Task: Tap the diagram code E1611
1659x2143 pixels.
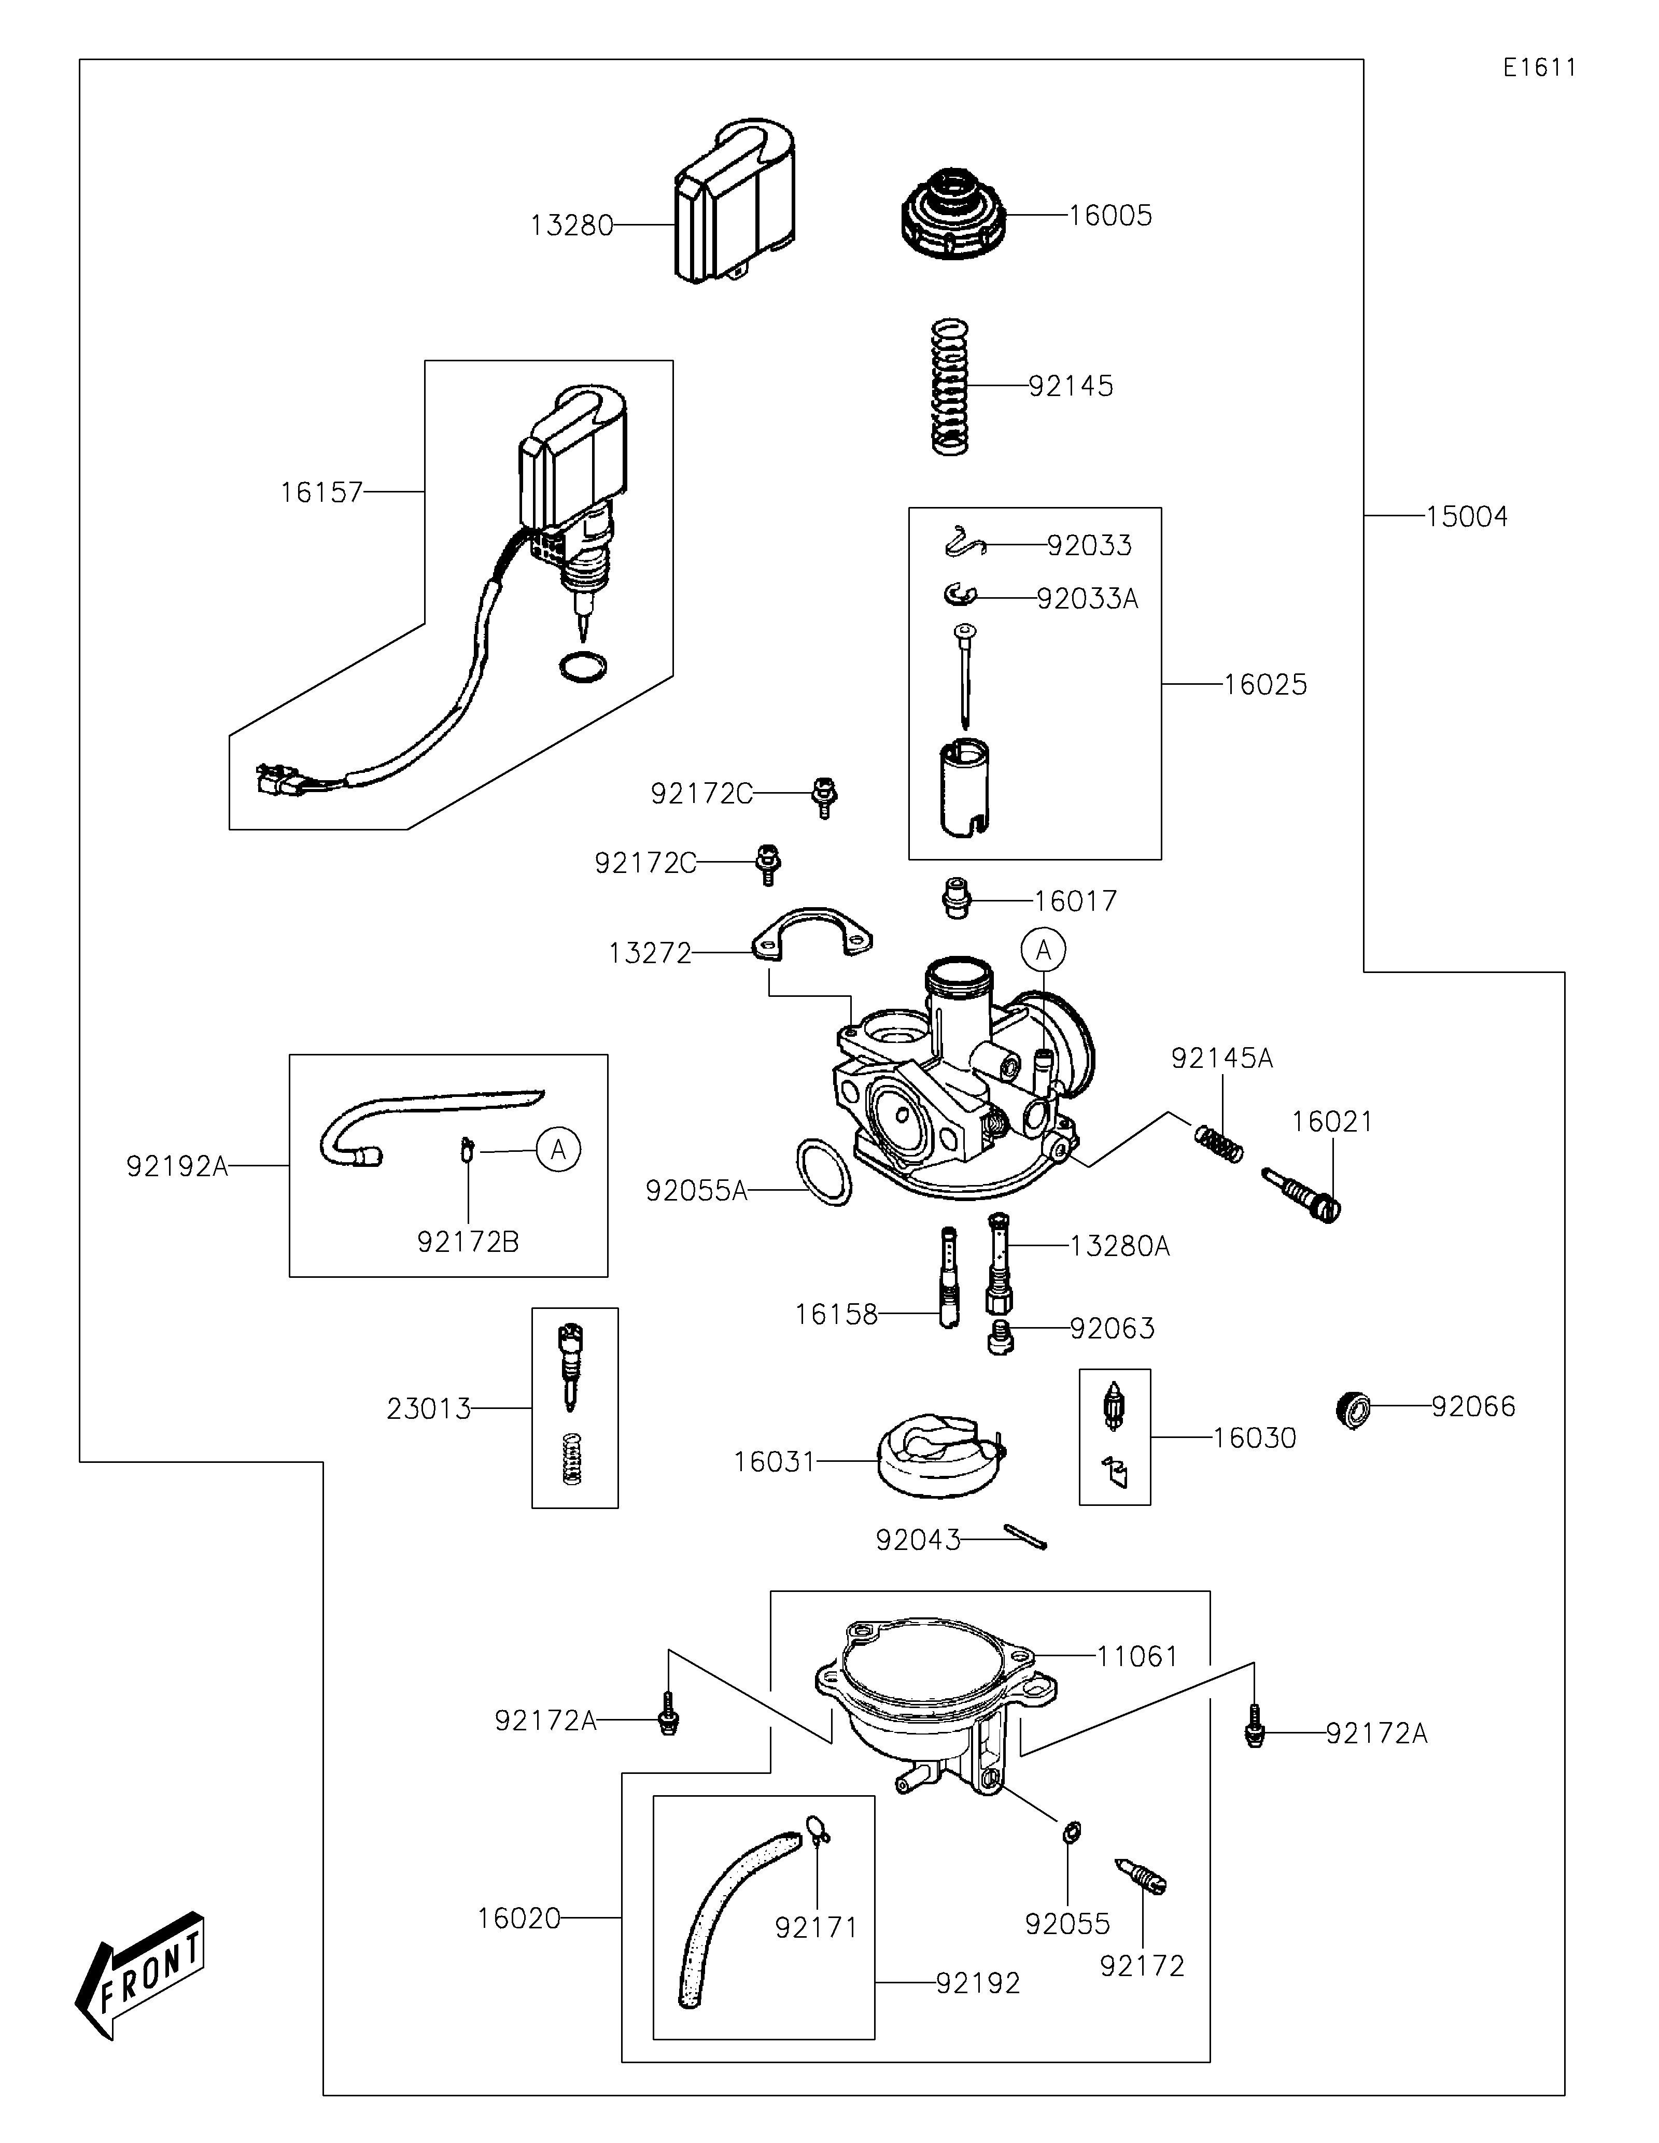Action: (x=1539, y=68)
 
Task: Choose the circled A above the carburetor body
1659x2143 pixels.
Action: (x=1043, y=950)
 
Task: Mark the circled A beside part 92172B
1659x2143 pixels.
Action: (x=558, y=1149)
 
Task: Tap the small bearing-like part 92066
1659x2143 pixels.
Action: (x=1354, y=1409)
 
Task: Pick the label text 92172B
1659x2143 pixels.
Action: (x=468, y=1242)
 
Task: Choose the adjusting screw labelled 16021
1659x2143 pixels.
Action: (x=1303, y=1193)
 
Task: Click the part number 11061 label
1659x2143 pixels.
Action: (x=1136, y=1656)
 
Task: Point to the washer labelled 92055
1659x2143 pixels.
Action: (x=1071, y=1831)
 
